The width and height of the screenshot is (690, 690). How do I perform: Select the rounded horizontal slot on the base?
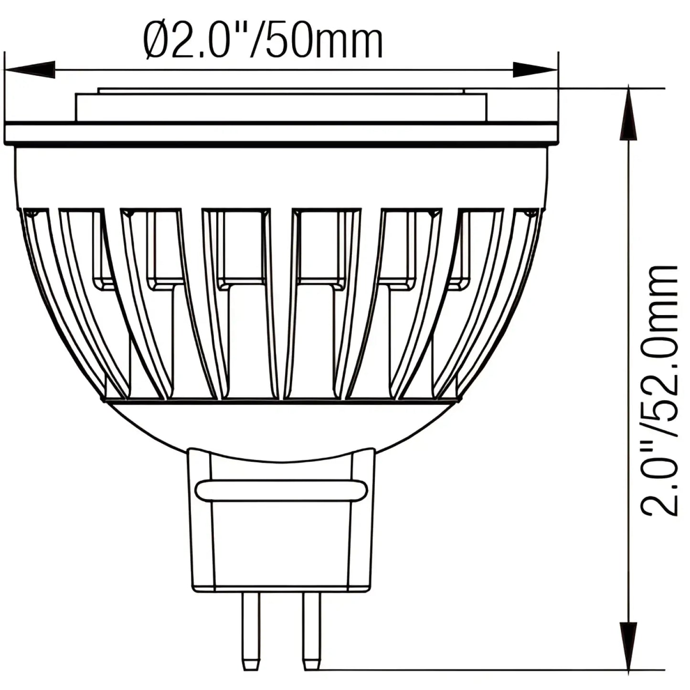coord(281,490)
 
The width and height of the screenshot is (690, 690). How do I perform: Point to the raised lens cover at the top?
coord(281,106)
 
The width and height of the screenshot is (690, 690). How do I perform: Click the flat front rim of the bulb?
coord(281,134)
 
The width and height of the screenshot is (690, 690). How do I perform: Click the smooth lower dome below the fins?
coord(281,430)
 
